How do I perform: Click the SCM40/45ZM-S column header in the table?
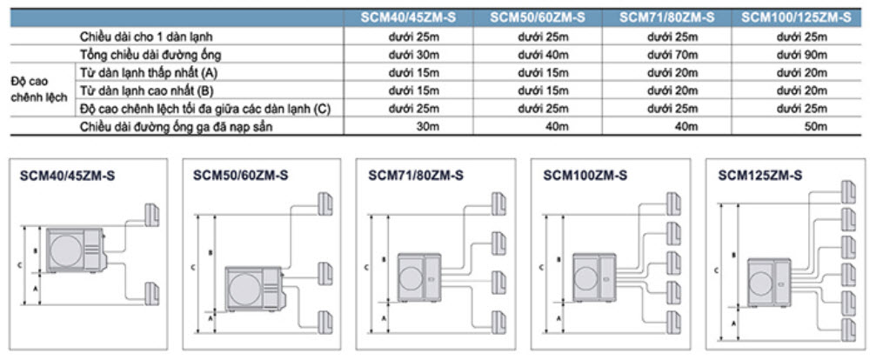pyautogui.click(x=400, y=17)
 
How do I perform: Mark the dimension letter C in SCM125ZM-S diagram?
pyautogui.click(x=715, y=270)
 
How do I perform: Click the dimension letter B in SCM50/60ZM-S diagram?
pyautogui.click(x=211, y=253)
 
